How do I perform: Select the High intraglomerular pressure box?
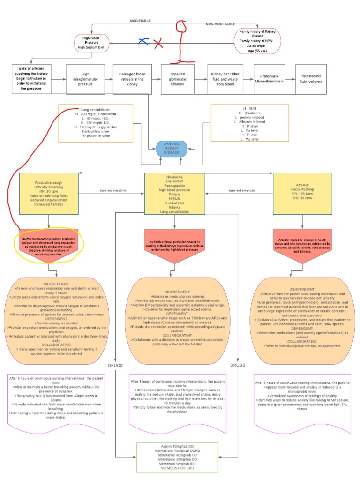[85, 78]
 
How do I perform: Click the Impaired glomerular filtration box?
[179, 78]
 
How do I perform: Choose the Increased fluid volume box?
[311, 78]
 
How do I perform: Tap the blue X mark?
[143, 42]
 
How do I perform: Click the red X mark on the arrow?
[159, 44]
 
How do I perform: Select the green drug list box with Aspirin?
[172, 457]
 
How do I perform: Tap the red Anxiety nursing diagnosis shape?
[302, 247]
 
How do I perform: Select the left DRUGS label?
[115, 365]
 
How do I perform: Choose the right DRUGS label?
[238, 365]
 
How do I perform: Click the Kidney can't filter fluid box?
[226, 78]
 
